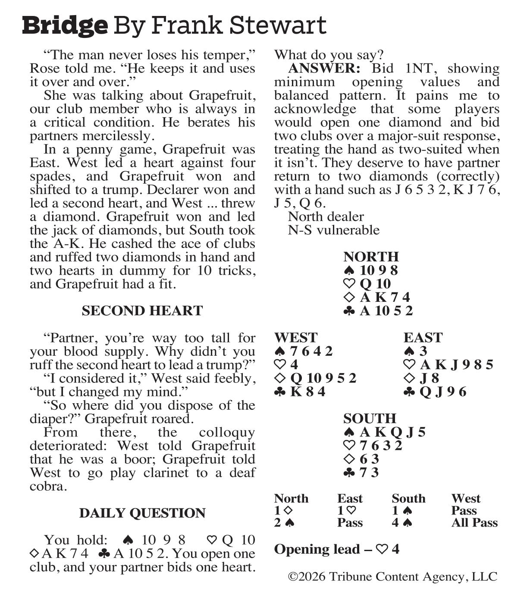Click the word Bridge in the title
65,25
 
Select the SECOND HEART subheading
142,311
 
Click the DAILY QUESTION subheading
142,513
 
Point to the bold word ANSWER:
323,69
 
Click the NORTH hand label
371,257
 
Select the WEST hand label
295,337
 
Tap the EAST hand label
423,337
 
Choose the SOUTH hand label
369,418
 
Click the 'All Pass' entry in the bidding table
474,523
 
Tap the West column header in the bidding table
466,499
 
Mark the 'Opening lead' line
336,549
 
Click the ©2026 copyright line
392,577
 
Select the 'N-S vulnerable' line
333,230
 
